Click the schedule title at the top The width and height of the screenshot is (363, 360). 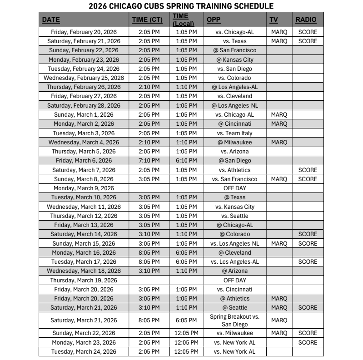point(181,6)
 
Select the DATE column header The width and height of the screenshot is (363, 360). point(51,20)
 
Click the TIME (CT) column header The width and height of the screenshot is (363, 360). point(146,20)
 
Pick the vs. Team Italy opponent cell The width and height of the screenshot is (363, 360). point(235,133)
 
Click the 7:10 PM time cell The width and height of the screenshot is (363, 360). point(149,161)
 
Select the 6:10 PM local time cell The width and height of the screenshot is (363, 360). point(186,161)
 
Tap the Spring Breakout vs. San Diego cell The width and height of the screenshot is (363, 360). point(234,320)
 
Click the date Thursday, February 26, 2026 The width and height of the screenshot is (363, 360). point(84,87)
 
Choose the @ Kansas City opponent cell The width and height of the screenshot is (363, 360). point(235,59)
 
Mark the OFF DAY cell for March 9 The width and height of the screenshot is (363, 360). point(235,188)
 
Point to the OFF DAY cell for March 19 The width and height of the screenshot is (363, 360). point(235,280)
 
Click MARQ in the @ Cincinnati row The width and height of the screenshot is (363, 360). point(279,124)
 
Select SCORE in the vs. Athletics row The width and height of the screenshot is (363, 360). point(308,170)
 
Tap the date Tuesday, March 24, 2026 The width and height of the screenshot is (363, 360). point(84,351)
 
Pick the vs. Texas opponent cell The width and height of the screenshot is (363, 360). point(235,41)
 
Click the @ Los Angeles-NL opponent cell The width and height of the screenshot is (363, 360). point(235,105)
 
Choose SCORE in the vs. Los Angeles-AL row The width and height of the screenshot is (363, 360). point(308,261)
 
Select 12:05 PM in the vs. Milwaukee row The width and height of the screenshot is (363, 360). point(186,333)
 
